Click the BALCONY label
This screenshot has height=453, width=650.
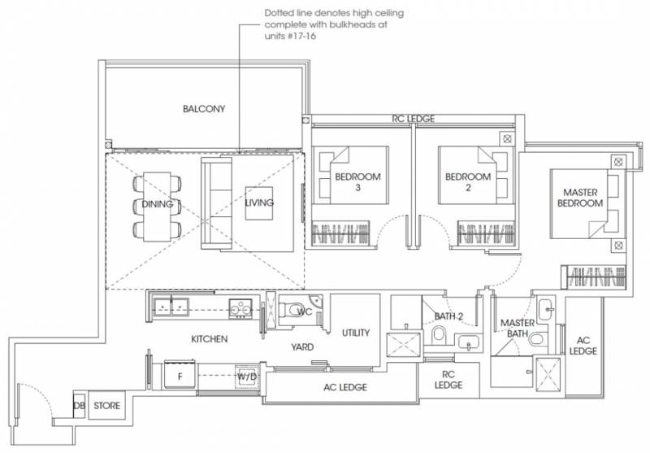[x=204, y=109]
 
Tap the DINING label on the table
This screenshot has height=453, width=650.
[x=158, y=204]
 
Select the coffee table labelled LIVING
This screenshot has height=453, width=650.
[x=259, y=203]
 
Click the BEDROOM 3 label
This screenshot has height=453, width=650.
[x=357, y=182]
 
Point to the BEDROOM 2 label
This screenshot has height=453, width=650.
[x=468, y=182]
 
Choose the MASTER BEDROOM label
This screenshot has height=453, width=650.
[x=580, y=198]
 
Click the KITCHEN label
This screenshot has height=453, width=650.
[x=210, y=339]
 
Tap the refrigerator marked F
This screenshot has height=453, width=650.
[x=180, y=375]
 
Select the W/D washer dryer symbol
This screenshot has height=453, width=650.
[x=247, y=377]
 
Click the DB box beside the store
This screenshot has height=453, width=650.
[x=79, y=405]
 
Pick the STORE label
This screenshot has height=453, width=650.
[x=107, y=406]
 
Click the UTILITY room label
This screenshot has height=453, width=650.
[x=356, y=333]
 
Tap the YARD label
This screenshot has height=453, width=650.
[x=302, y=347]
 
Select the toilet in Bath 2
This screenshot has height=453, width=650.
[x=438, y=335]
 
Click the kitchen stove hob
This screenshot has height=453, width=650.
[x=240, y=308]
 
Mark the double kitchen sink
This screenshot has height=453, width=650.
[x=171, y=307]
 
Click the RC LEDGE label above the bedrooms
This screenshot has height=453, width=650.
[x=414, y=119]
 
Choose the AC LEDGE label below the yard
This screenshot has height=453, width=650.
[x=345, y=387]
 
